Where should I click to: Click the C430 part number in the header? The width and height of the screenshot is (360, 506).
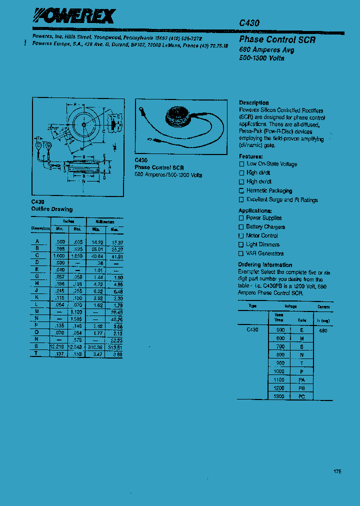(249, 23)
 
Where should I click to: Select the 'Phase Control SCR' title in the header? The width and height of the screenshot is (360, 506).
(277, 39)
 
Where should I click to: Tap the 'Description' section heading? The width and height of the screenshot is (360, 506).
(253, 102)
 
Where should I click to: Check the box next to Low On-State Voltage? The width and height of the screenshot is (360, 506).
(241, 164)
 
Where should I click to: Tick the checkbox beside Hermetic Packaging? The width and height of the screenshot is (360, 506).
(241, 191)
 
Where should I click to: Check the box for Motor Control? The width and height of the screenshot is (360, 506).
(241, 235)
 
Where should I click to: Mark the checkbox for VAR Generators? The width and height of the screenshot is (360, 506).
(241, 253)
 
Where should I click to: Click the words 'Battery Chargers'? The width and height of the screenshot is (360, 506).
(265, 226)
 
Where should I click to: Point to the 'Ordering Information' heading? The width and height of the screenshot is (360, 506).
(265, 264)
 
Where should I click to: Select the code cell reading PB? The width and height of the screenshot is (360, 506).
(301, 387)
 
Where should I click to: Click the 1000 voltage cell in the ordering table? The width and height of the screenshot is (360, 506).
(278, 371)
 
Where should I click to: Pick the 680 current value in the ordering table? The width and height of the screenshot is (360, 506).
(322, 330)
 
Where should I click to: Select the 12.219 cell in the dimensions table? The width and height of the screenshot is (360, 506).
(57, 346)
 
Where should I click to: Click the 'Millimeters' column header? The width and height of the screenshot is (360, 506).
(105, 221)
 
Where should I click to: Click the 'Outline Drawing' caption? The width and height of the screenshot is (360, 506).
(51, 209)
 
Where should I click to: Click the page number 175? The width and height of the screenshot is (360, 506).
(337, 471)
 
